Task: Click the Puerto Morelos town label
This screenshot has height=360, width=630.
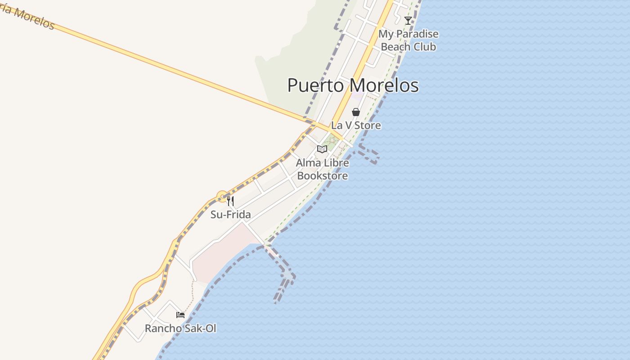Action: click(353, 85)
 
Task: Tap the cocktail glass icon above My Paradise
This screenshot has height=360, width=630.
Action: click(408, 20)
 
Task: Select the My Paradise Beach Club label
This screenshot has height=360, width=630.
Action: click(408, 40)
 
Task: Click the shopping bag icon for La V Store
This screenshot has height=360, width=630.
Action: click(355, 112)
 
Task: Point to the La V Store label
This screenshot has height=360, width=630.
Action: click(355, 125)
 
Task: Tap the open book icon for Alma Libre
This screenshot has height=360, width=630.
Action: click(322, 149)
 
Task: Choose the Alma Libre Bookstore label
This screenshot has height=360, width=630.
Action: click(322, 169)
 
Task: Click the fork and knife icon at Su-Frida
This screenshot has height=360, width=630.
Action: click(230, 201)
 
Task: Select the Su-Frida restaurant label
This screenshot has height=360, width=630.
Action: click(230, 215)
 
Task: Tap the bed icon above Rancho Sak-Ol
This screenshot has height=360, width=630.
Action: click(180, 315)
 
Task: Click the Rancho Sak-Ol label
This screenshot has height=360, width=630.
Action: click(180, 328)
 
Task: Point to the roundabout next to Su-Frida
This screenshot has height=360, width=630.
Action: click(221, 196)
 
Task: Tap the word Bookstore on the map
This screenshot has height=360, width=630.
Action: click(322, 175)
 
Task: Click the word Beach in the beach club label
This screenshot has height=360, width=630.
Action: click(395, 46)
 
